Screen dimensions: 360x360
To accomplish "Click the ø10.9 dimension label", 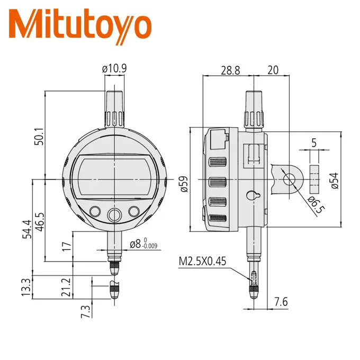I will (114, 68).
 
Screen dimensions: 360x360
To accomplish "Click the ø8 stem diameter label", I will (143, 244).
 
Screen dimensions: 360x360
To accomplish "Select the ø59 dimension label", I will (183, 183).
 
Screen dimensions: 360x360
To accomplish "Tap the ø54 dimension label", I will (334, 180).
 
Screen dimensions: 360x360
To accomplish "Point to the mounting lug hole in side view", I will (290, 179).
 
